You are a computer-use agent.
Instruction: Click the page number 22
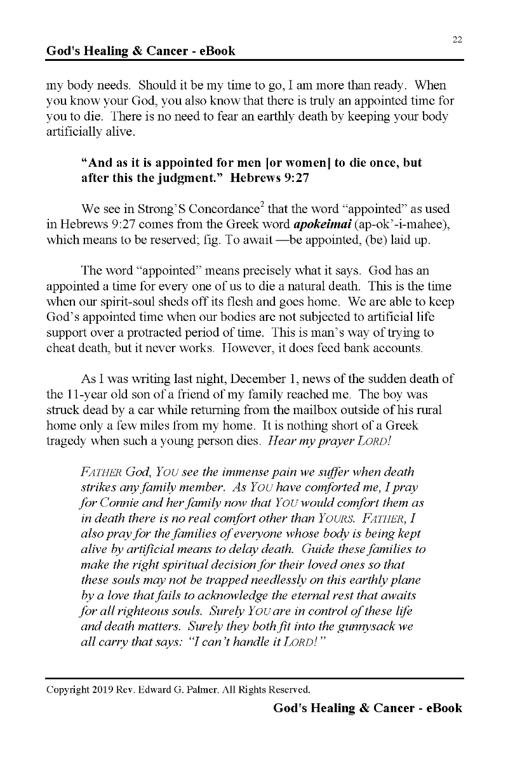[457, 39]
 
